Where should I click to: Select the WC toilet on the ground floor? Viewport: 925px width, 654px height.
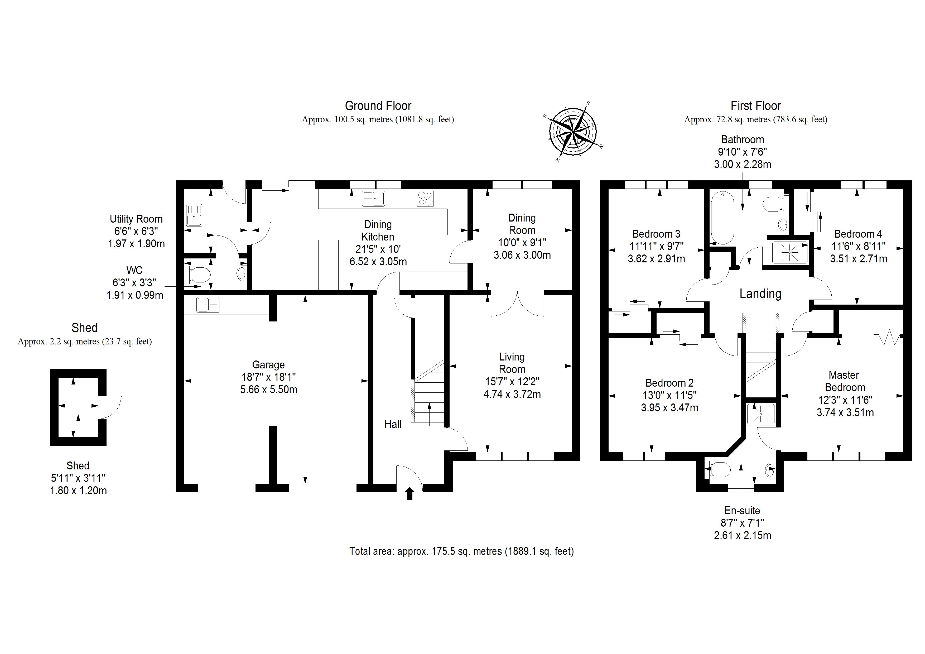pyautogui.click(x=197, y=275)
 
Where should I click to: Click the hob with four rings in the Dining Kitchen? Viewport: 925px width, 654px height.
pyautogui.click(x=425, y=198)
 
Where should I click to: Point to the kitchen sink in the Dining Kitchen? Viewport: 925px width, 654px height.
pyautogui.click(x=373, y=199)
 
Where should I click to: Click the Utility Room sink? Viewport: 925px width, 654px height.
pyautogui.click(x=194, y=215)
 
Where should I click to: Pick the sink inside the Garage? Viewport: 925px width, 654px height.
pyautogui.click(x=208, y=305)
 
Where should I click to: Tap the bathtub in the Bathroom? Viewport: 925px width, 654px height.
pyautogui.click(x=722, y=218)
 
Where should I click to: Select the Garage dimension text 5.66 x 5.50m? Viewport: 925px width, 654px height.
pyautogui.click(x=269, y=390)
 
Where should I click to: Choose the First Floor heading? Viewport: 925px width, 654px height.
pyautogui.click(x=755, y=106)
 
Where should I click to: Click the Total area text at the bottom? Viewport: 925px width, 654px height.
pyautogui.click(x=461, y=551)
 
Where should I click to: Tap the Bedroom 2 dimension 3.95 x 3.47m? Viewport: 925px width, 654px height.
pyautogui.click(x=669, y=408)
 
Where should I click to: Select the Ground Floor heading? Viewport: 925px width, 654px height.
pyautogui.click(x=378, y=106)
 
